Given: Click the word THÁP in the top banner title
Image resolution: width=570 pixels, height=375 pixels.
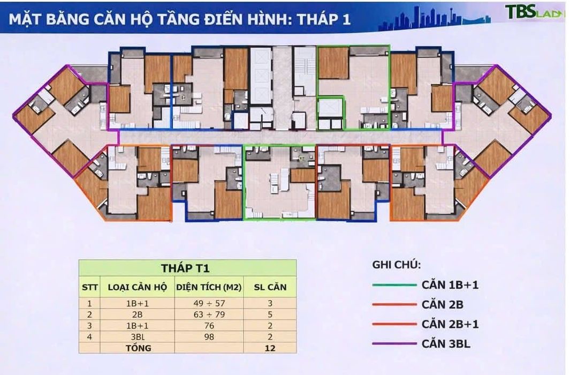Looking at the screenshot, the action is point(318,19).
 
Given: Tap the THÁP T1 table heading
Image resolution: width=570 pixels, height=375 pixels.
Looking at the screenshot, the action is point(185,268).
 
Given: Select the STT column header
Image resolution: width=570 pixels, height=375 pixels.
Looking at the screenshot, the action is point(89,287).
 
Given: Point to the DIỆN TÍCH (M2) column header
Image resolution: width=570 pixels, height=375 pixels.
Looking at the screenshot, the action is point(209,287).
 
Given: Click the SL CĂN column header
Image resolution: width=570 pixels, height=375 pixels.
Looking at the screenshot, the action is point(270,287).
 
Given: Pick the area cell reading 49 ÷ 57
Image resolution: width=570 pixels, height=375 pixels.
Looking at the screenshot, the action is point(209,303).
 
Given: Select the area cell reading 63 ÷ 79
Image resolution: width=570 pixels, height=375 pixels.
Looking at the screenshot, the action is point(209,314).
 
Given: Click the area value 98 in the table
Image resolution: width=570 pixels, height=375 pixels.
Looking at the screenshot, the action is point(209,337).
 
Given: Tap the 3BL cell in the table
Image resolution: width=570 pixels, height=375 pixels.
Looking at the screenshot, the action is point(138,337).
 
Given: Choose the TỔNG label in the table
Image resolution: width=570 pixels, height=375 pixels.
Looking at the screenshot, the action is point(138,348).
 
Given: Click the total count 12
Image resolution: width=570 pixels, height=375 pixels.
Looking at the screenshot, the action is point(270,348).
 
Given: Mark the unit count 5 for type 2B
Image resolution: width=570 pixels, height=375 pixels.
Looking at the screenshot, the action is point(270,314).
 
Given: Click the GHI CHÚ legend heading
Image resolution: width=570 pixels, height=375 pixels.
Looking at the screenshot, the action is point(396,265).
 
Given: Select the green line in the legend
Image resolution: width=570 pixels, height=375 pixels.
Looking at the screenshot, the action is point(394,285).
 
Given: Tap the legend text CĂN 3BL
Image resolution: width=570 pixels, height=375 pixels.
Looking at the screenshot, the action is point(446,344).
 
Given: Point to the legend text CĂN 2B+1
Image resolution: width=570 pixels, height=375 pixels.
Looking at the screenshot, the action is point(450,324).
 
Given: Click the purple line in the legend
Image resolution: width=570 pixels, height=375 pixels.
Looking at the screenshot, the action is point(394,344).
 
